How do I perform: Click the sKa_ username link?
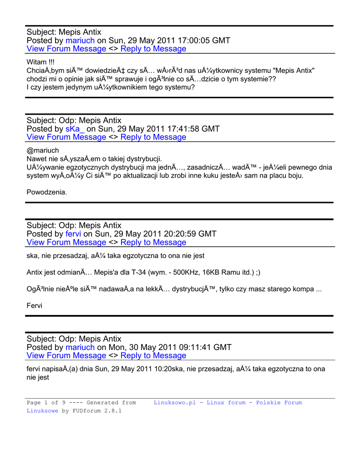pos(75,129)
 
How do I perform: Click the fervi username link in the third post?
pos(73,234)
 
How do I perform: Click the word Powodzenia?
pos(47,192)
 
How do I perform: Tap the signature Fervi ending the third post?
pos(35,305)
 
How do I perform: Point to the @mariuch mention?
pos(43,151)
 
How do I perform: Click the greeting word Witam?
pos(37,62)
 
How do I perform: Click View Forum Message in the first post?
pos(66,49)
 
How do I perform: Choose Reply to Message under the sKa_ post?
pos(153,137)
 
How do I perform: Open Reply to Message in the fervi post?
pos(153,243)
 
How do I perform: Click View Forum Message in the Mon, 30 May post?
pos(66,356)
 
